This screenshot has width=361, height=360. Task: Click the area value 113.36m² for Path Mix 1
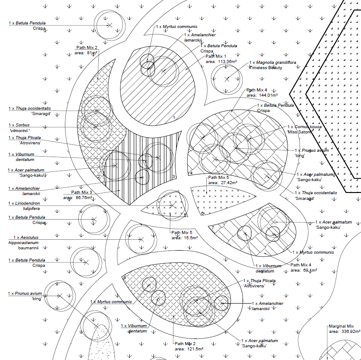(x=221, y=62)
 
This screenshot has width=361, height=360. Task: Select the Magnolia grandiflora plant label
(x=272, y=63)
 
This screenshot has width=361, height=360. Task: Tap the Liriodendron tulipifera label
(x=26, y=206)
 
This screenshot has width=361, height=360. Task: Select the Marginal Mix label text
(x=340, y=326)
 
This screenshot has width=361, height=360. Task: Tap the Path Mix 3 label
(x=81, y=192)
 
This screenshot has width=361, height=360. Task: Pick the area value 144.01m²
(x=262, y=95)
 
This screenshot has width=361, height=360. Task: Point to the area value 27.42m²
(x=223, y=183)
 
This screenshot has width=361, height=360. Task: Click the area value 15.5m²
(x=185, y=238)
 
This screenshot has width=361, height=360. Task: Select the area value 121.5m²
(x=189, y=349)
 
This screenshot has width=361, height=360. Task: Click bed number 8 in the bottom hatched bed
(x=125, y=278)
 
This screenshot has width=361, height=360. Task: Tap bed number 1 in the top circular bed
(x=174, y=118)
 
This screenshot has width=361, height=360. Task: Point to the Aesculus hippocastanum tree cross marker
(x=141, y=239)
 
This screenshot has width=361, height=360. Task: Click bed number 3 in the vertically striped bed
(x=174, y=177)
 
